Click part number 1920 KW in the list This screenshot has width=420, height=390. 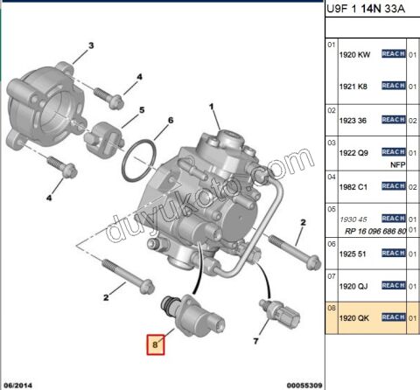coord(354,54)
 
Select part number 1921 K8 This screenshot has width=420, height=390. coord(353,86)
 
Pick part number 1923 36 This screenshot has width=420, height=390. coord(353,119)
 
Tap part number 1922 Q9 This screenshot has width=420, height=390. coord(353,152)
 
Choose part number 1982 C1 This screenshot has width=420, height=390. coord(353,185)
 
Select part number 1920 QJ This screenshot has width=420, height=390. coord(353,285)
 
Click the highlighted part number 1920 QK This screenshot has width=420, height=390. coord(353,318)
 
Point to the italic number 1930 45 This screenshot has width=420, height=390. coord(353,219)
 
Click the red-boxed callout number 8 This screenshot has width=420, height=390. coord(156,345)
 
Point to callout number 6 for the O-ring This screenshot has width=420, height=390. coord(171,120)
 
